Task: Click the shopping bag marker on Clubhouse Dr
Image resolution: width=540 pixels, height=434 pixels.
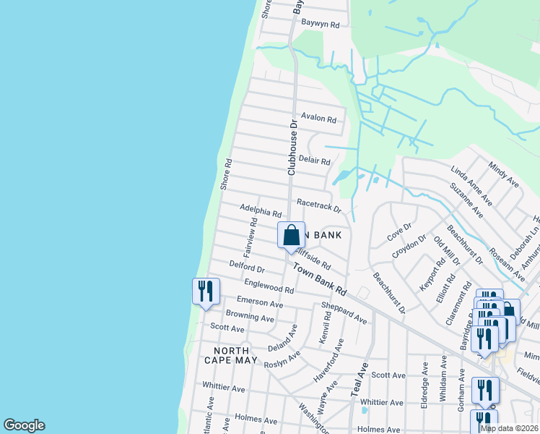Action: [291, 236]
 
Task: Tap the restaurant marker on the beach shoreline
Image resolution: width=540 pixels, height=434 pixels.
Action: [206, 292]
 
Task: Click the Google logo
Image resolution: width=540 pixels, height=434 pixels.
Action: [24, 425]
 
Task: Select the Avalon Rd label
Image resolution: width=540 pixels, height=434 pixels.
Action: [319, 118]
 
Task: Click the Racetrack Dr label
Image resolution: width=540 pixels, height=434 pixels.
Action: [318, 206]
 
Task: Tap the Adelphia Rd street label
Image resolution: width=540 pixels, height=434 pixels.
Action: [261, 211]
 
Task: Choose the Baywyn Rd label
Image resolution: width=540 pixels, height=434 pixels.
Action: [321, 24]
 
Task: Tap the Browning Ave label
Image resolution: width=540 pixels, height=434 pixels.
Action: [250, 316]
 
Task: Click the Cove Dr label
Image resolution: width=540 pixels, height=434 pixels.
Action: [399, 231]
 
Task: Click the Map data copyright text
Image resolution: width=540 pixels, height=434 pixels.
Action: [510, 428]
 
